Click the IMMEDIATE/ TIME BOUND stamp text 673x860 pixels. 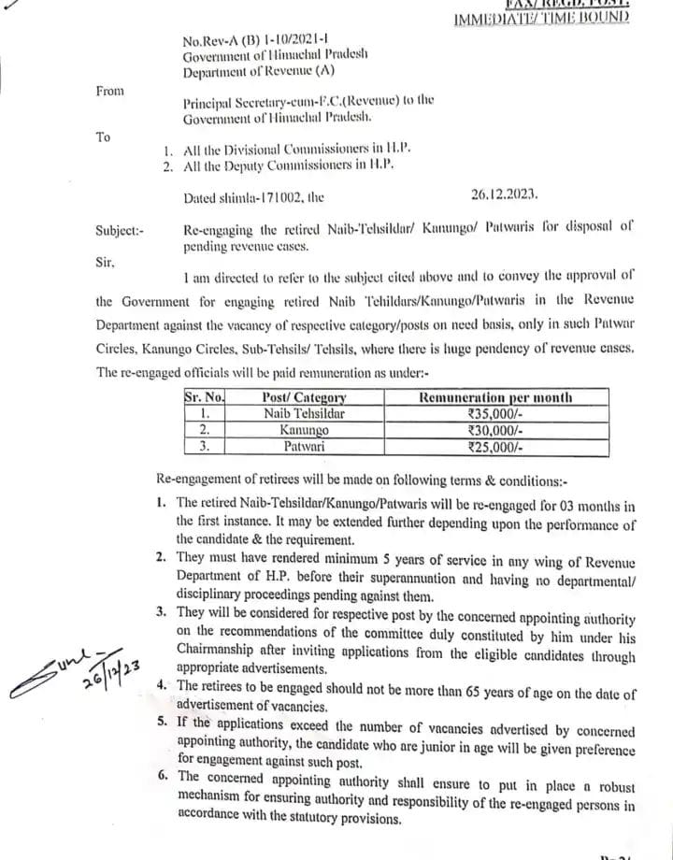point(541,18)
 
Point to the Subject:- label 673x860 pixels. point(120,230)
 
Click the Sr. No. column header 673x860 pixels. point(204,397)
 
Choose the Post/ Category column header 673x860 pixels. point(304,397)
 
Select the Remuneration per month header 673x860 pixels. point(495,397)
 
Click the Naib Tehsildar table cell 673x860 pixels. point(304,413)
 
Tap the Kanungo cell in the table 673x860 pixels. point(304,430)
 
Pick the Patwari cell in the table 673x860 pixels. point(304,447)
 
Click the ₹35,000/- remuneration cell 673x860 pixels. point(495,413)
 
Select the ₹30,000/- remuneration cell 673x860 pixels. point(495,430)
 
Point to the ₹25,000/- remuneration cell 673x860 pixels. point(495,447)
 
